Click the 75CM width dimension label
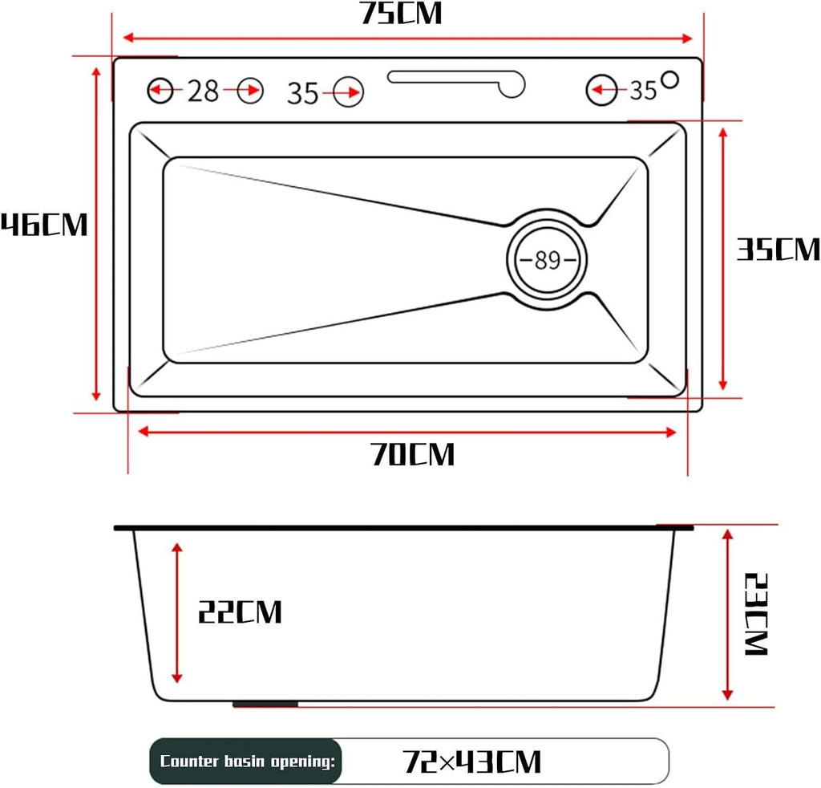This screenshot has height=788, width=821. pyautogui.click(x=401, y=13)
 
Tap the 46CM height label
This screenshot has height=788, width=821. pyautogui.click(x=44, y=225)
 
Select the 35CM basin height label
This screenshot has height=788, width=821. pyautogui.click(x=778, y=249)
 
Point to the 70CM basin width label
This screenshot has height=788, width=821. pyautogui.click(x=413, y=454)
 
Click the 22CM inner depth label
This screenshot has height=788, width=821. pyautogui.click(x=240, y=611)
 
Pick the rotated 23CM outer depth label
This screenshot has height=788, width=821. pyautogui.click(x=755, y=614)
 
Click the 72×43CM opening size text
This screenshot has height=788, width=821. pyautogui.click(x=471, y=762)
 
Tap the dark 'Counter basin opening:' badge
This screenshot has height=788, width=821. pyautogui.click(x=246, y=761)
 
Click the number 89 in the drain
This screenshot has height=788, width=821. pyautogui.click(x=547, y=260)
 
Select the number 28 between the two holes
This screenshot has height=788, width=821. pyautogui.click(x=203, y=91)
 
